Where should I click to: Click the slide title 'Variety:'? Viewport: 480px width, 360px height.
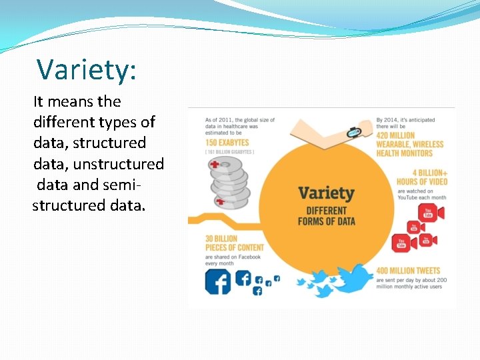86,69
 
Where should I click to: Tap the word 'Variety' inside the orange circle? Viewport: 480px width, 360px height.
326,193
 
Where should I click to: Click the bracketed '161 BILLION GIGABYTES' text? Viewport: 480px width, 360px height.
229,152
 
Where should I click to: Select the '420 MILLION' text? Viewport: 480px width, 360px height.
395,135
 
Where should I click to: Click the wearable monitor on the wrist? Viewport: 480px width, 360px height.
353,133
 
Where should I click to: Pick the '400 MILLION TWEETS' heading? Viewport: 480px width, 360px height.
408,271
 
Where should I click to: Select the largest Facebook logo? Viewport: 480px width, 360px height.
217,281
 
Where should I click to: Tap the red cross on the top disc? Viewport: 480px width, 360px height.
215,164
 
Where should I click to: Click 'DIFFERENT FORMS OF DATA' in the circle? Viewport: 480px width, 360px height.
326,216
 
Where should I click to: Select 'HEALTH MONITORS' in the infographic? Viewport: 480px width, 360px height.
404,153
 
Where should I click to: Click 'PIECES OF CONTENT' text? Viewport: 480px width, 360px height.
234,247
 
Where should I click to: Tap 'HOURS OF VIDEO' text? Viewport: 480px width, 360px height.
422,181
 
